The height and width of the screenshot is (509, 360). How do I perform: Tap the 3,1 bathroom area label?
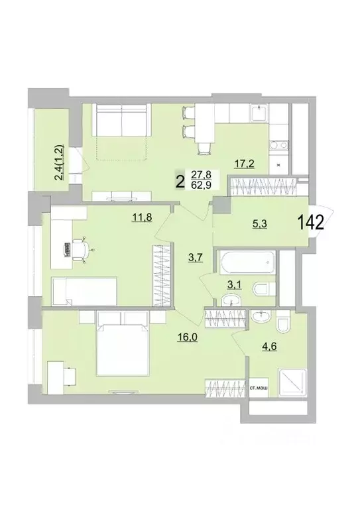click(234, 285)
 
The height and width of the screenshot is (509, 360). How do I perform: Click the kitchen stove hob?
click(279, 144)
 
